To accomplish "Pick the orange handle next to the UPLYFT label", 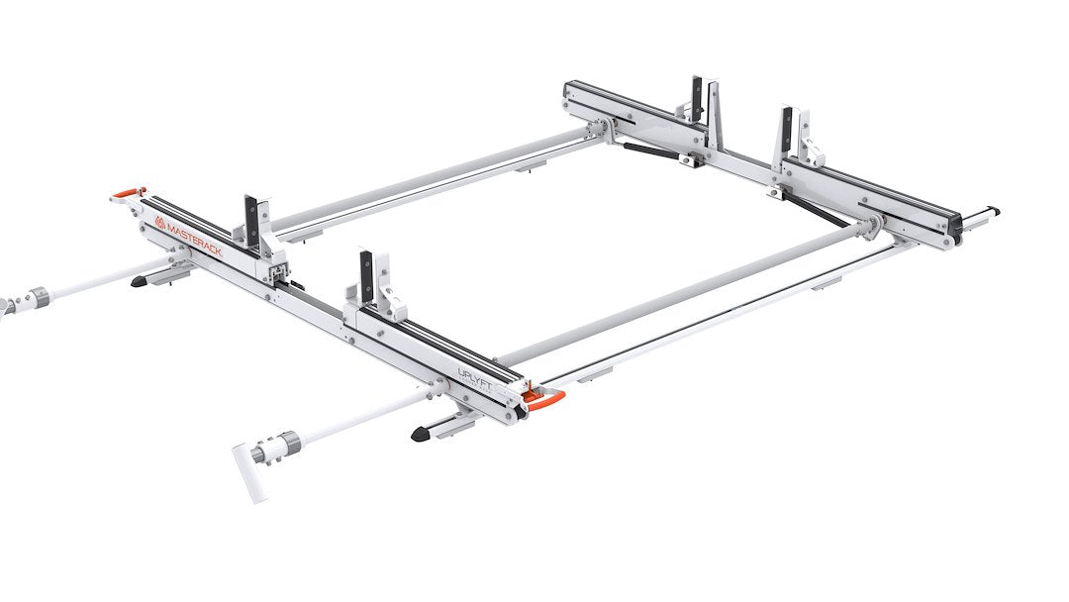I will [545, 399].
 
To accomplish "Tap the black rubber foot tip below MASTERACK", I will [139, 282].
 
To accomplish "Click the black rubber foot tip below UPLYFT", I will [420, 434].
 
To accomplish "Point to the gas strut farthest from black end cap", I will [649, 150].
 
